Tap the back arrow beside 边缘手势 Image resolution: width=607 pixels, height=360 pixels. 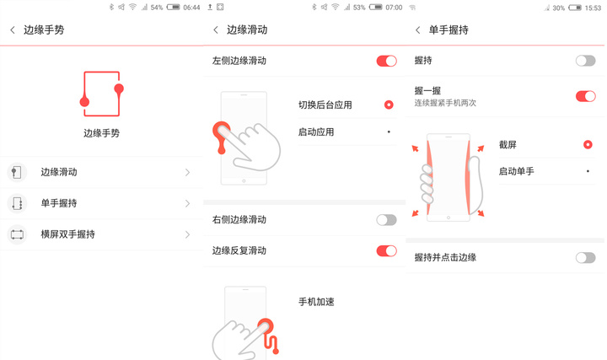[13, 30]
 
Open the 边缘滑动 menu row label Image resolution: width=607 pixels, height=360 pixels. [59, 172]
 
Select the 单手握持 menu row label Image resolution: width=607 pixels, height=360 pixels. [59, 203]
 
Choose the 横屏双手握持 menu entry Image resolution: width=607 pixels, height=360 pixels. [67, 234]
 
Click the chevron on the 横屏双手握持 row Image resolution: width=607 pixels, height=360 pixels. [188, 234]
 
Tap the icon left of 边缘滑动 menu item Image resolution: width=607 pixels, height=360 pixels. [17, 172]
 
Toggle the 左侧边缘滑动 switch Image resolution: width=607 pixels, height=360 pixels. [386, 61]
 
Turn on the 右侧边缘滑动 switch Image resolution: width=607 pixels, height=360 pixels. [386, 219]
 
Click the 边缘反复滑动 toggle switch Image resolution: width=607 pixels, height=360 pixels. [386, 250]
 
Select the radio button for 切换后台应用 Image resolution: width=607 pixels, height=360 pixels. [389, 105]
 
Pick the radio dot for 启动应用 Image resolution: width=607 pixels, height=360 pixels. [389, 132]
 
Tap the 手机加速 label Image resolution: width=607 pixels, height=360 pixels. [316, 302]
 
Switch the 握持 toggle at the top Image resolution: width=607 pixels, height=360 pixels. [585, 61]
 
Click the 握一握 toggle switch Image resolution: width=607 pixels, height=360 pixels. [585, 96]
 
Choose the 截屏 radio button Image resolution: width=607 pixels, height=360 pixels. [588, 144]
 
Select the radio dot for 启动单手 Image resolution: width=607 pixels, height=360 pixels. [588, 170]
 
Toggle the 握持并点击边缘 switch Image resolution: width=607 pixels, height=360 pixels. [585, 257]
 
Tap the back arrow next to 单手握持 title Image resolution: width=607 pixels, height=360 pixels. [417, 30]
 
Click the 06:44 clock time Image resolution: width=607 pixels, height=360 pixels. [191, 8]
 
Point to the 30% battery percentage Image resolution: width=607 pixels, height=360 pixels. [559, 8]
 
